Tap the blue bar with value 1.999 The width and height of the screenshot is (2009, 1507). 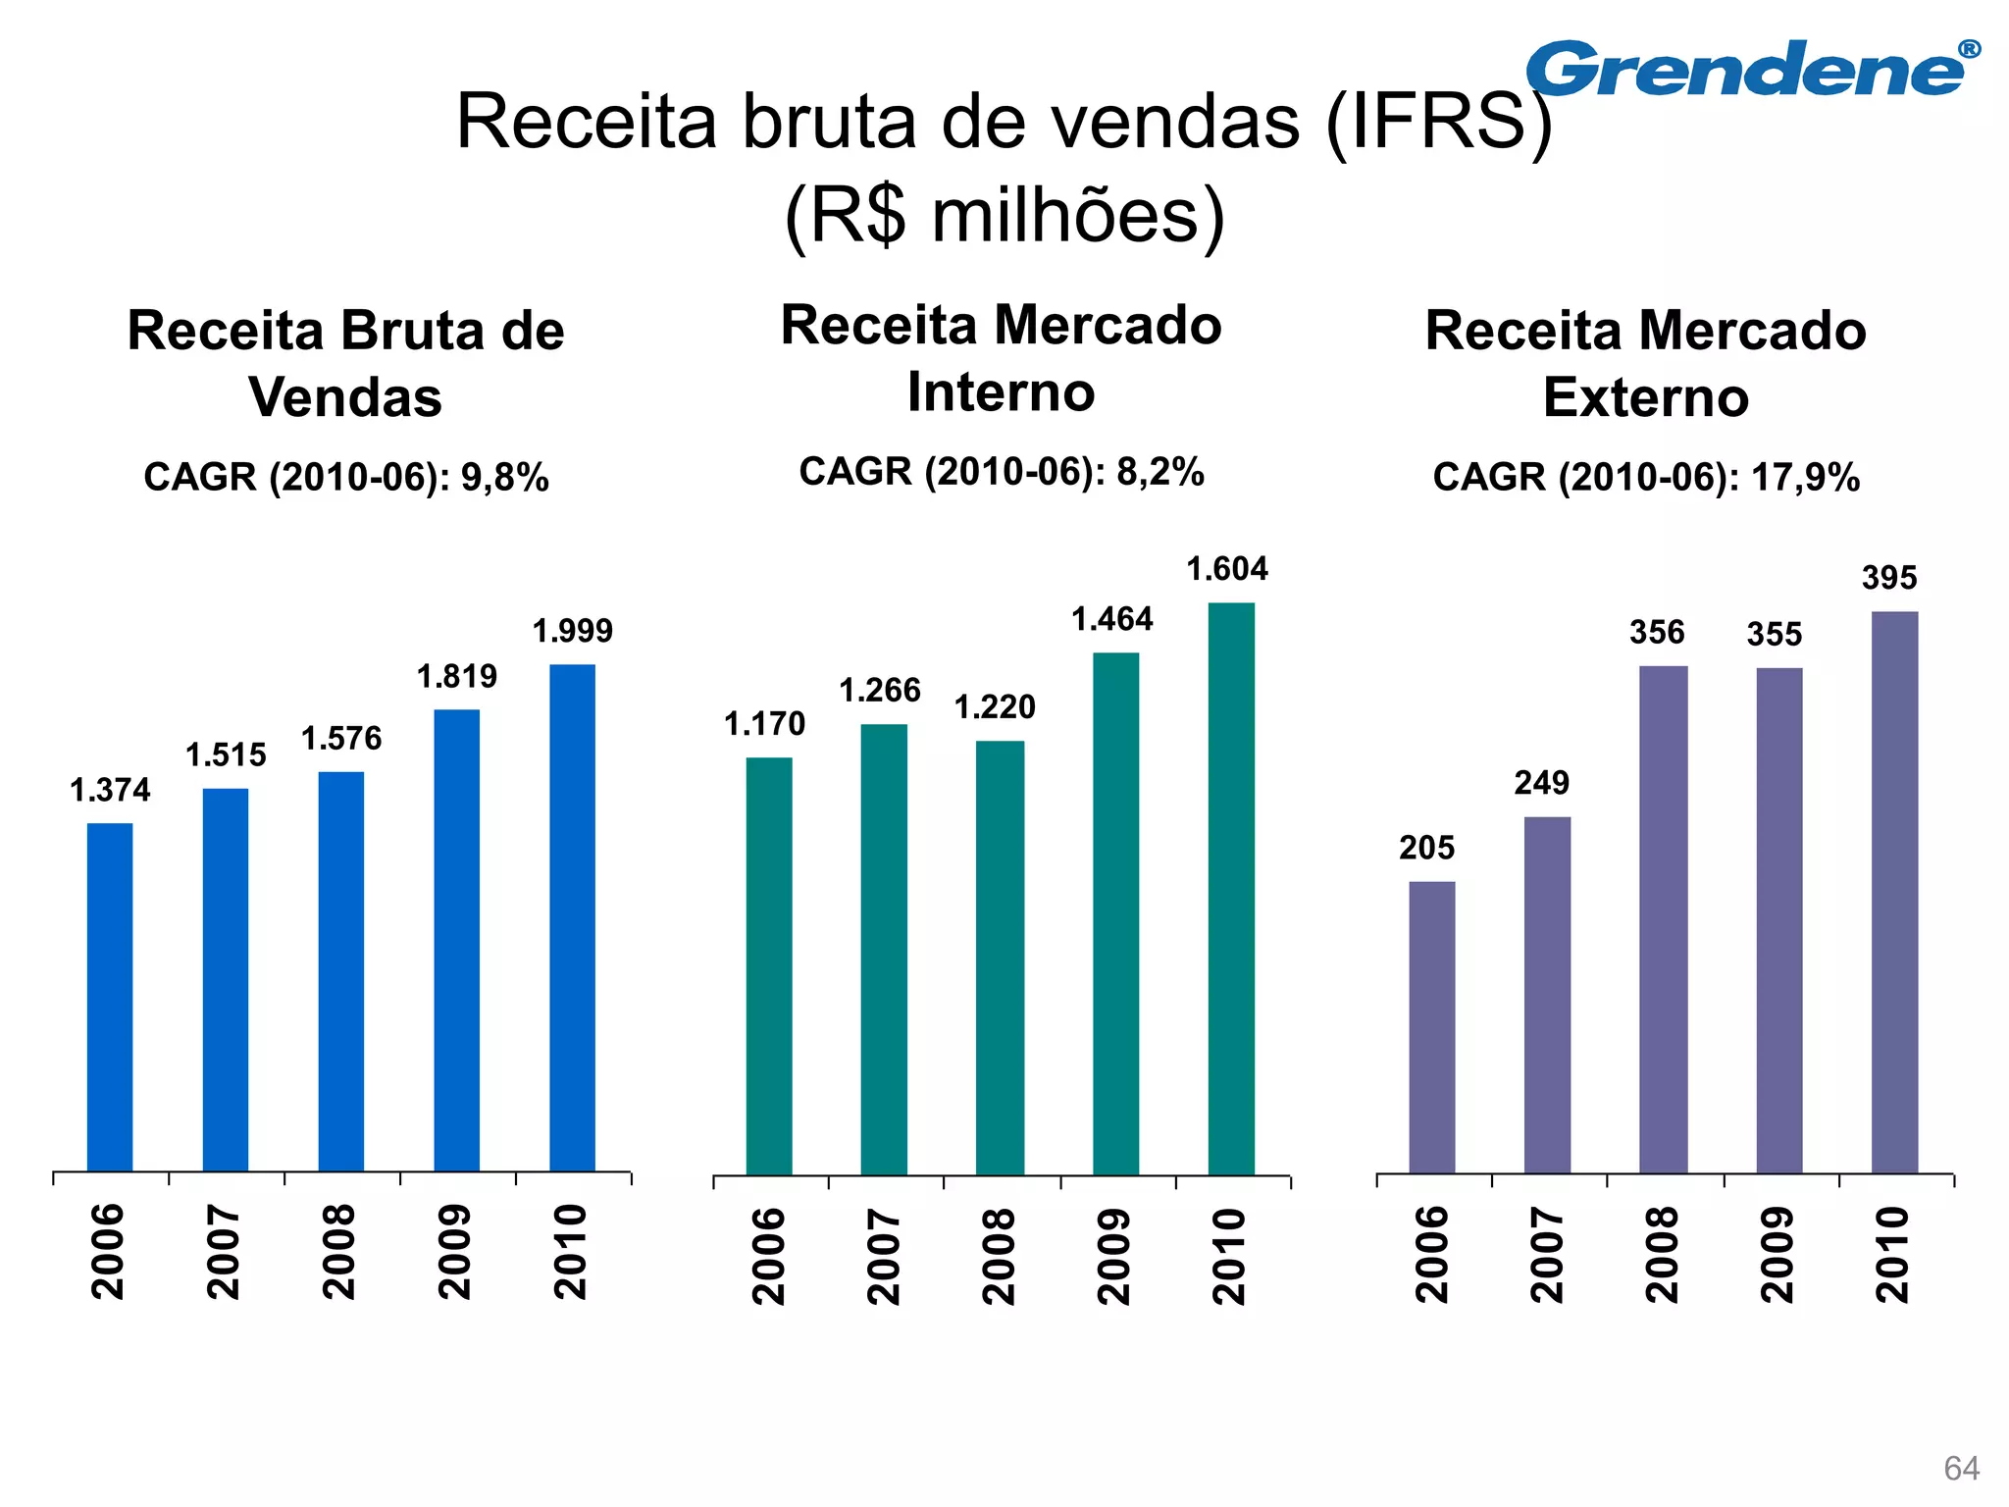point(572,917)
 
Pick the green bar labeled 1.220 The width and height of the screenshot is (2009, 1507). point(1000,957)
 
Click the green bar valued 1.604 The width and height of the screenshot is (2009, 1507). point(1230,888)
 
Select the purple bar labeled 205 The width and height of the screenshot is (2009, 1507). point(1432,1026)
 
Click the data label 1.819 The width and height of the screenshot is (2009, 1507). point(457,677)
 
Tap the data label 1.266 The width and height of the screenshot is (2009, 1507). point(880,691)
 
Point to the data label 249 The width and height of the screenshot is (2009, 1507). point(1541,783)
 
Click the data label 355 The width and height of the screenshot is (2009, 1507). point(1774,635)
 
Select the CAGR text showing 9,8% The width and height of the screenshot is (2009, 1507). point(346,478)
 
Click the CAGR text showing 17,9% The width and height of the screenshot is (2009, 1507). point(1646,478)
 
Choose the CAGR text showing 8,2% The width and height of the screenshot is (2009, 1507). point(1002,472)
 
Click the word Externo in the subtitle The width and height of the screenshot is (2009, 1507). point(1646,397)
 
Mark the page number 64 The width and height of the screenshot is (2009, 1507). point(1961,1469)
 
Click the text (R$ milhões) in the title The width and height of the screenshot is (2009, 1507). point(1004,216)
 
